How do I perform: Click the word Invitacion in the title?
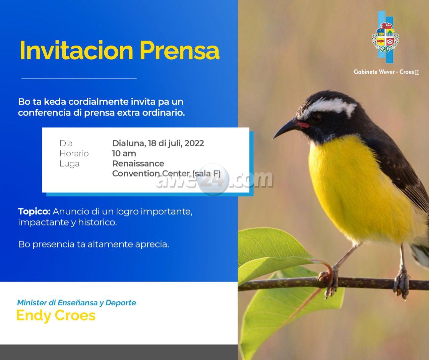[x=76, y=50]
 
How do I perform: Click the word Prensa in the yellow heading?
[x=180, y=50]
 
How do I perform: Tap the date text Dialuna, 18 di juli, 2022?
[x=158, y=143]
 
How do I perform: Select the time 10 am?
[x=124, y=153]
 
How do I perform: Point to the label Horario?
[x=74, y=153]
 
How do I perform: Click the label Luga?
[x=69, y=164]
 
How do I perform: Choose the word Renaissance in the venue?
[x=138, y=163]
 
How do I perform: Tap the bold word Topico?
[x=34, y=211]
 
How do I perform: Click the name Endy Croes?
[x=56, y=316]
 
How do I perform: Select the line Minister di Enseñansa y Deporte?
[x=76, y=303]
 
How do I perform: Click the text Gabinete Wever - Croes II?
[x=386, y=72]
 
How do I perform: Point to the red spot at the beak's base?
[x=303, y=125]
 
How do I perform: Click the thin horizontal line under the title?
[x=79, y=79]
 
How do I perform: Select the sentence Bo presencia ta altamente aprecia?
[x=94, y=244]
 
